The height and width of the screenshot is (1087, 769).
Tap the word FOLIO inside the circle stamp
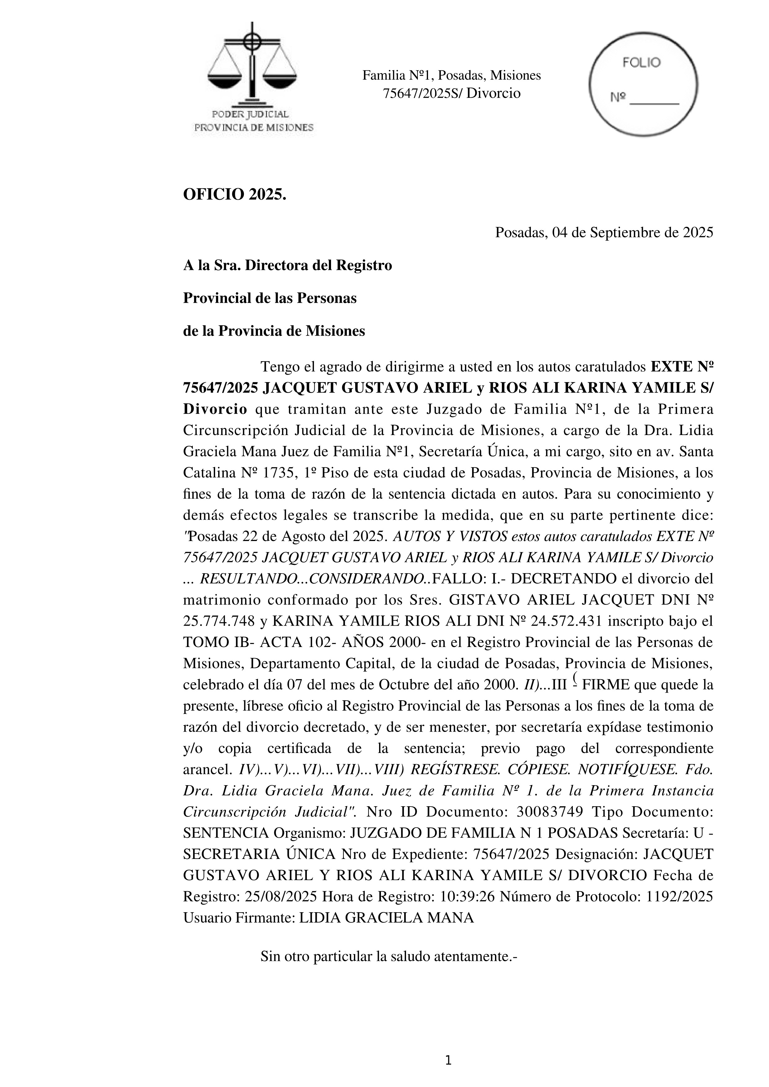[641, 63]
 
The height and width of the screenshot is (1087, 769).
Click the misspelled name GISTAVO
[479, 600]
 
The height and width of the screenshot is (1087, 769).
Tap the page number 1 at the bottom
[449, 1061]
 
